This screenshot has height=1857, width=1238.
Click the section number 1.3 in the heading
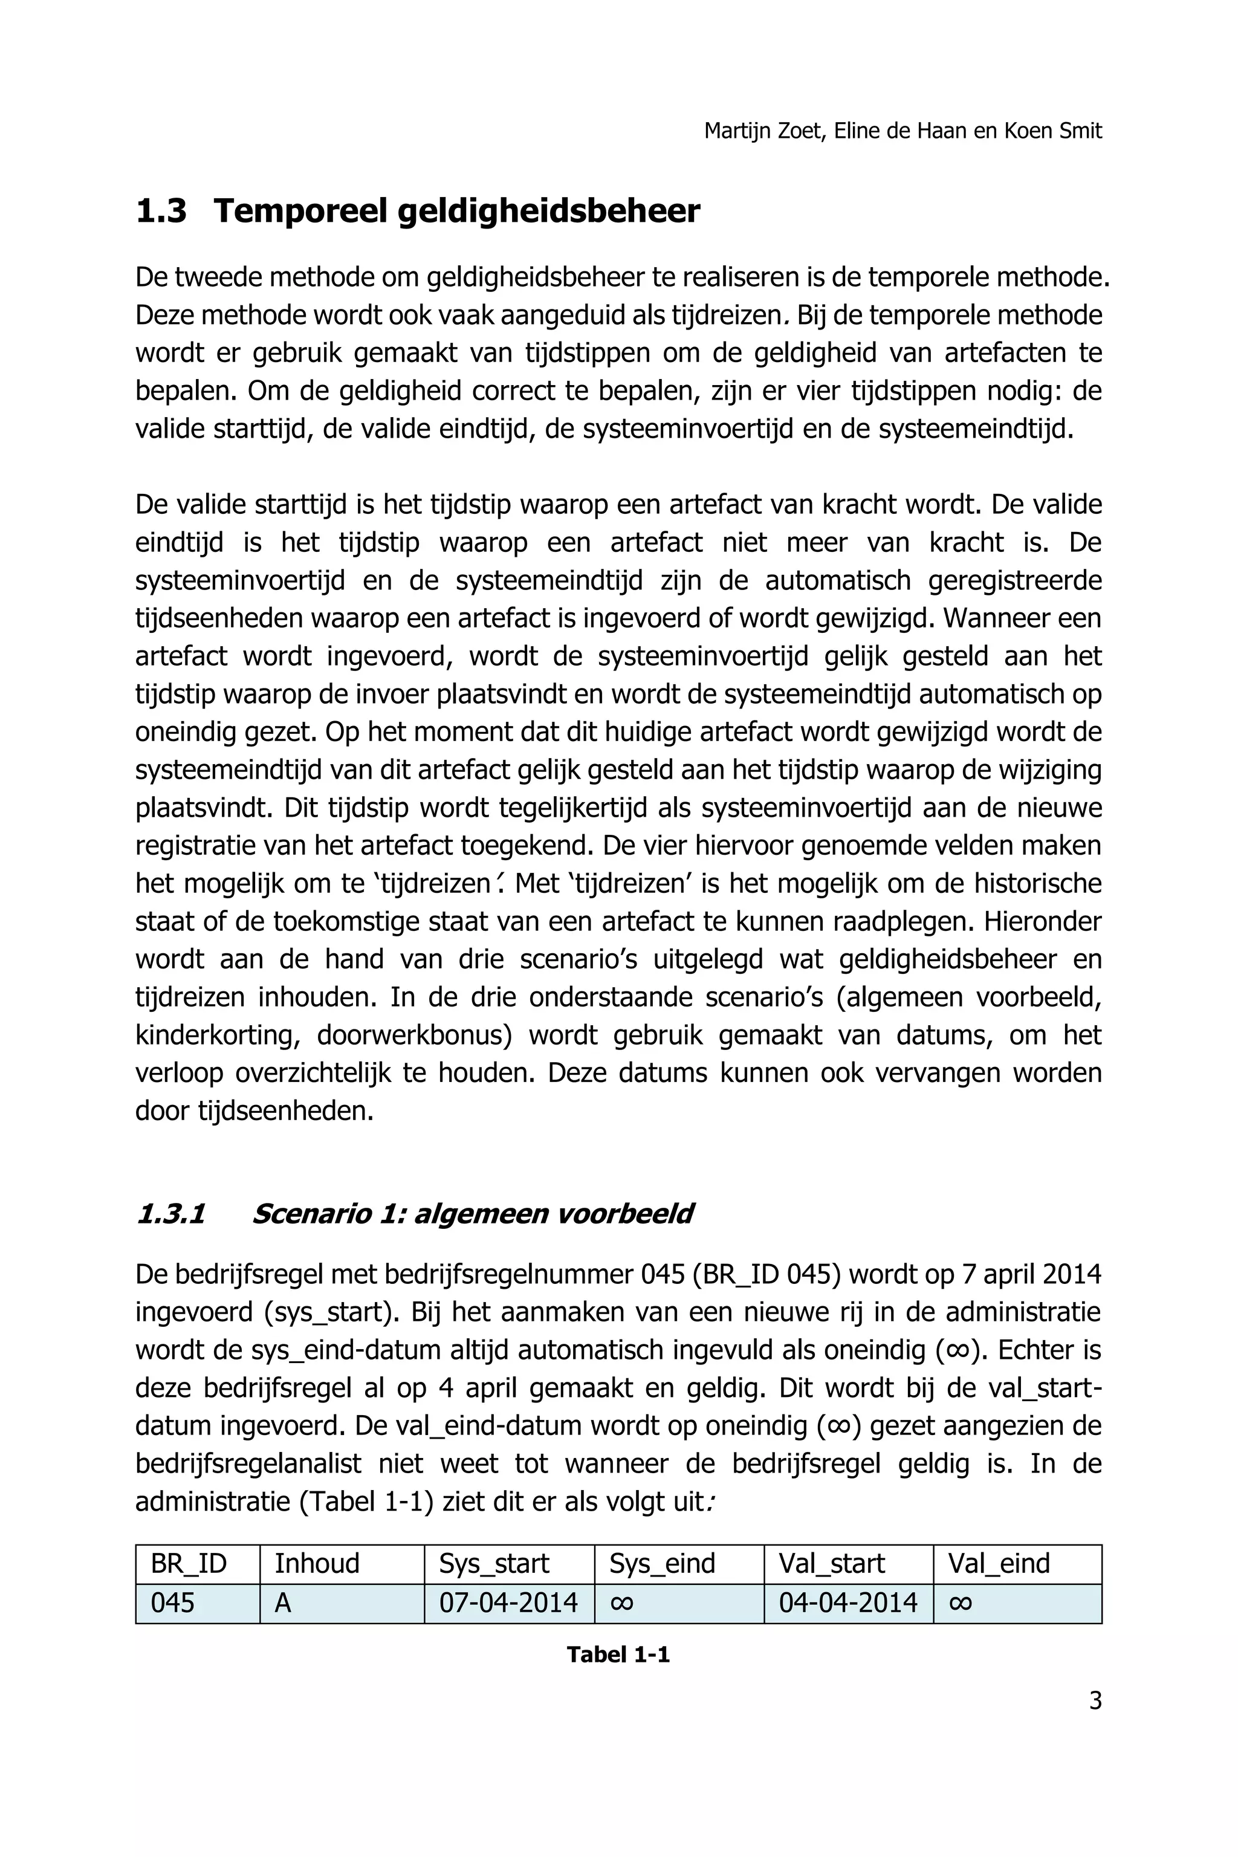[x=161, y=212]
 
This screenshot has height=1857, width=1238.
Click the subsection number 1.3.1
[x=170, y=1214]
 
